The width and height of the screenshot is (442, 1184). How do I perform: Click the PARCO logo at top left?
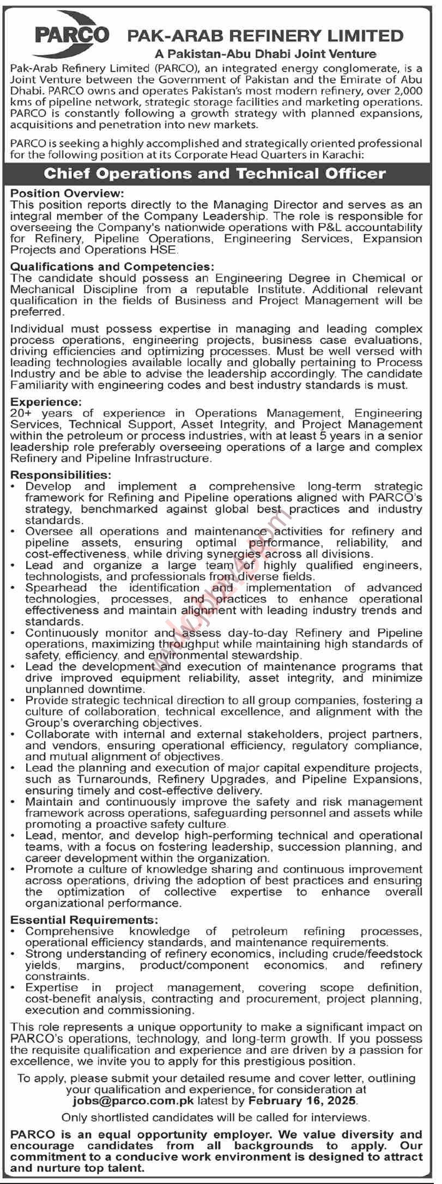tap(72, 35)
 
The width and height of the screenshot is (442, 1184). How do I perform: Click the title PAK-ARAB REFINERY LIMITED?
tap(265, 36)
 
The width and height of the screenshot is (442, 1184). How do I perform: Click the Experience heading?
tap(45, 402)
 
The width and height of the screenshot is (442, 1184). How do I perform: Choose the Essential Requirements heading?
tap(84, 920)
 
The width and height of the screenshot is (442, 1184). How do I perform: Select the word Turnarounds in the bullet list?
tap(112, 779)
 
